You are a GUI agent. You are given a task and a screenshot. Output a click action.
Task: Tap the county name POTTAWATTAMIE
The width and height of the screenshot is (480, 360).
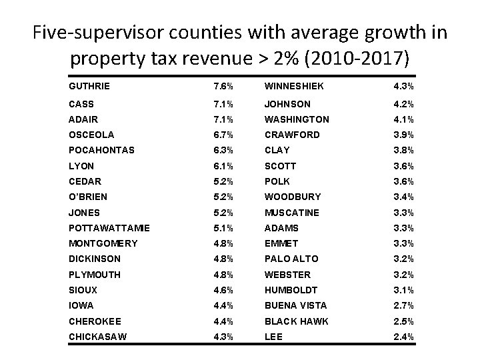pos(109,228)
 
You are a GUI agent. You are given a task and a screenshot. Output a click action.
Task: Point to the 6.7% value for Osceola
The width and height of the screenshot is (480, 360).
pos(223,135)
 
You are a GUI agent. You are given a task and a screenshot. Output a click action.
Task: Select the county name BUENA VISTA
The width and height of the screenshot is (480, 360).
pos(296,306)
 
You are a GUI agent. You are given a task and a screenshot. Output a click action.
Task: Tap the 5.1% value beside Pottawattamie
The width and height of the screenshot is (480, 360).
pos(223,228)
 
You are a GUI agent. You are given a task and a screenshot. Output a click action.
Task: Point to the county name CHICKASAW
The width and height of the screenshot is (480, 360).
pos(97,337)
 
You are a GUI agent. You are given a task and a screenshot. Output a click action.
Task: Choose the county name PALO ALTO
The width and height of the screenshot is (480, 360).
pos(291,259)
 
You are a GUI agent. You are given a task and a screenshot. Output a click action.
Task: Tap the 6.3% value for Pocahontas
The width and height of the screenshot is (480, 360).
pos(223,150)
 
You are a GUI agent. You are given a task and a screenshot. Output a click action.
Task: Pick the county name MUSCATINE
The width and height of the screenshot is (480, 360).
pos(292,213)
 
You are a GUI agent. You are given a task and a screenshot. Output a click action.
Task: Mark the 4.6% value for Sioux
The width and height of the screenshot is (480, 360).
pos(223,291)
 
